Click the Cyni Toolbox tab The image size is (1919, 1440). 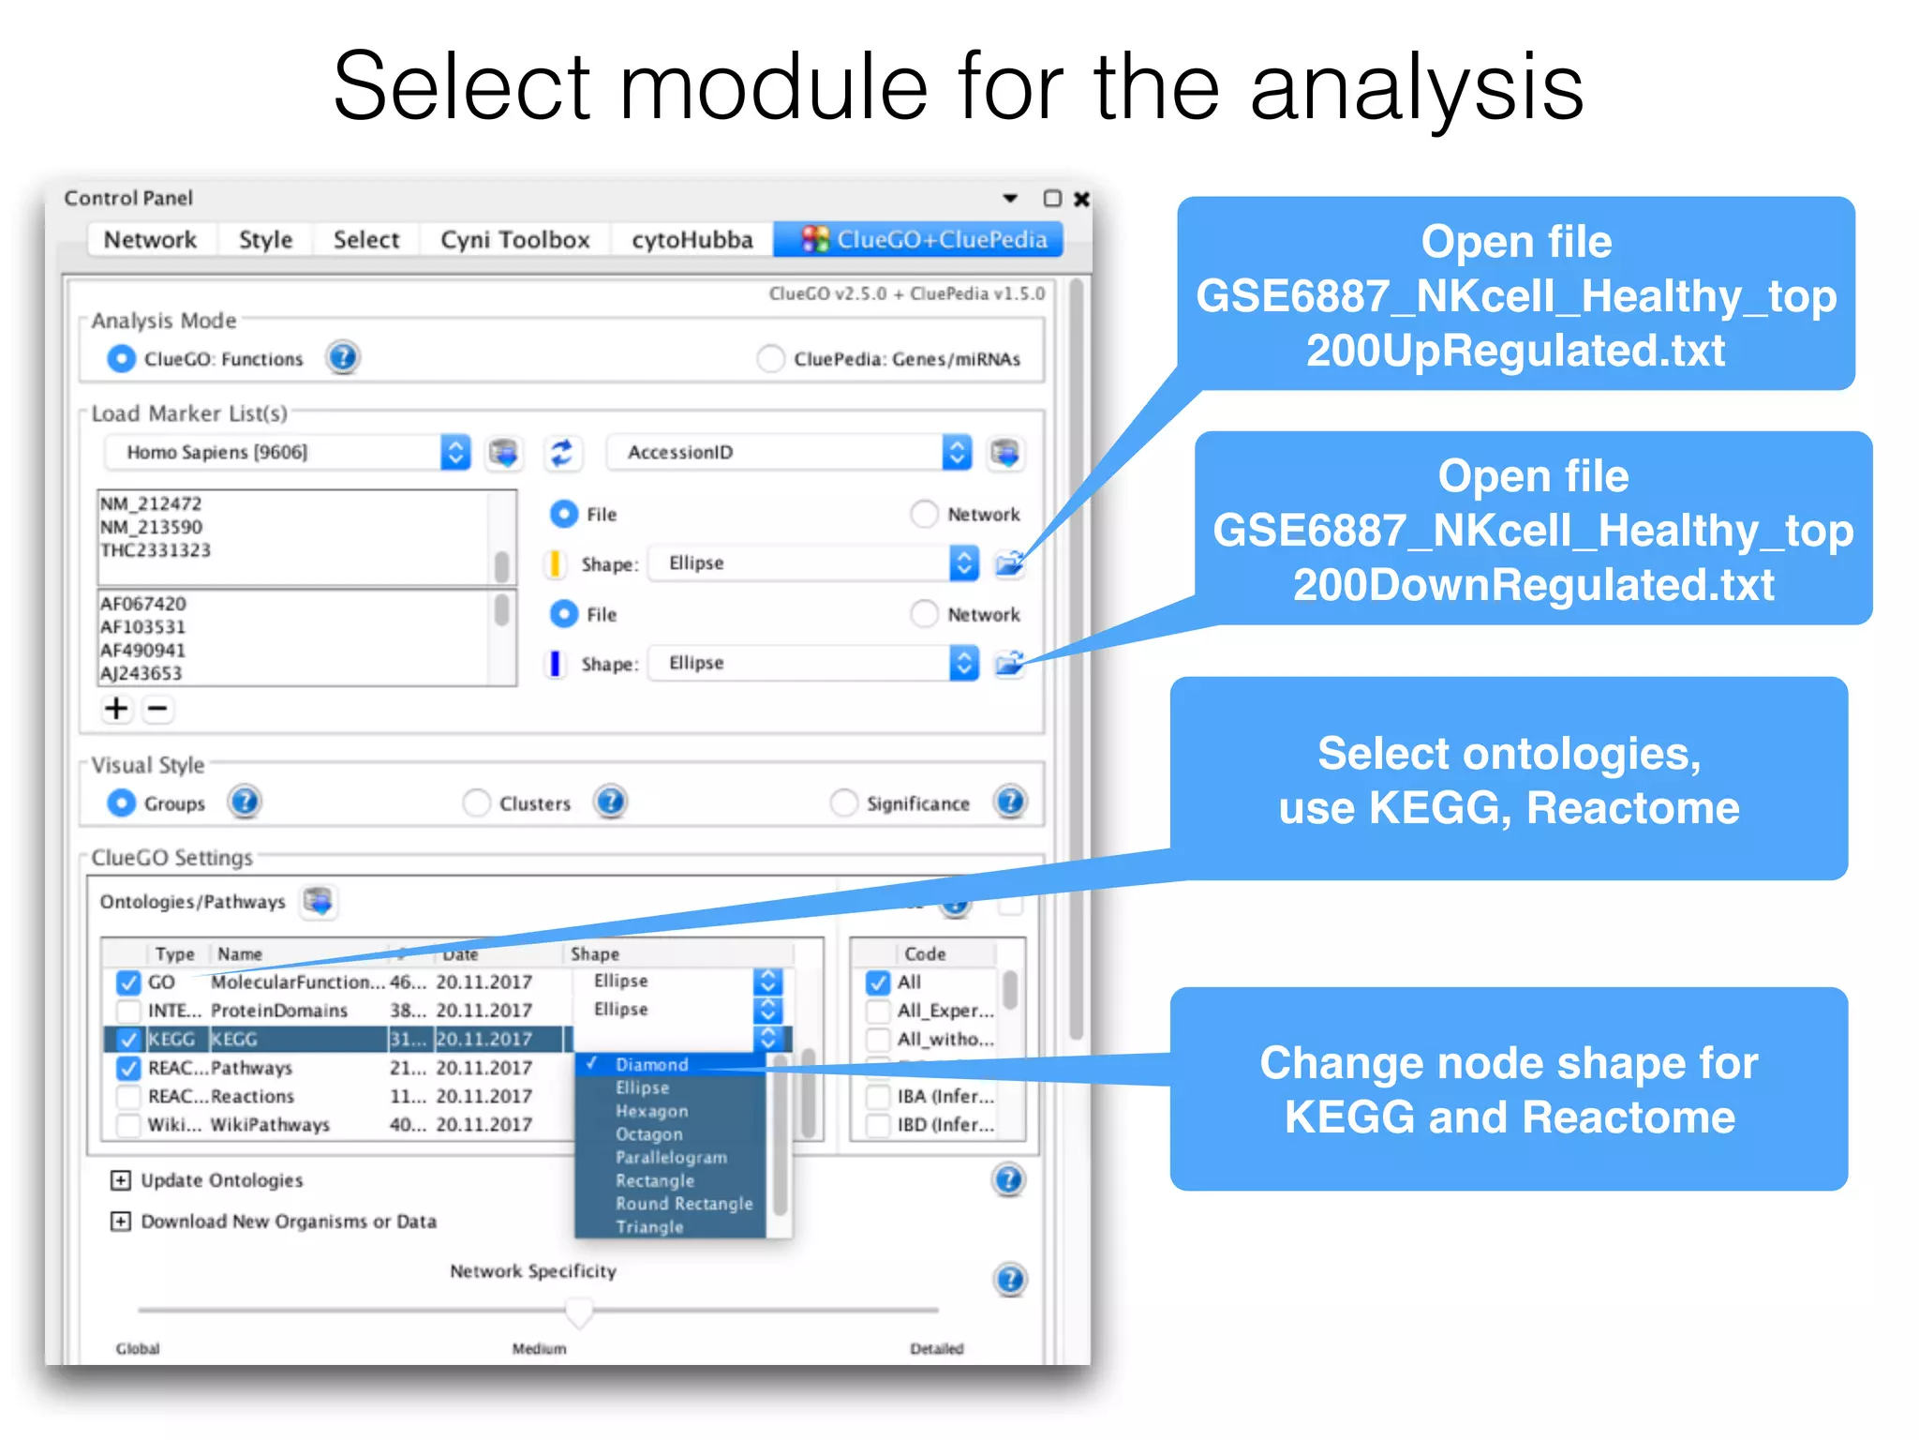pyautogui.click(x=514, y=240)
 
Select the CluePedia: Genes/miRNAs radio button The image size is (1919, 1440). pyautogui.click(x=770, y=359)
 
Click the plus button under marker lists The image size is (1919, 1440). pyautogui.click(x=116, y=709)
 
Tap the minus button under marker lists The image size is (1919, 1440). pyautogui.click(x=158, y=709)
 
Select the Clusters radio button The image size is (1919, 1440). pyautogui.click(x=477, y=803)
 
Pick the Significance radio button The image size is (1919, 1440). pyautogui.click(x=844, y=803)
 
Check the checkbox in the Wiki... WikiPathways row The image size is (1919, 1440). pyautogui.click(x=128, y=1125)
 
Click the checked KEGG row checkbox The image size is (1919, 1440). pyautogui.click(x=128, y=1040)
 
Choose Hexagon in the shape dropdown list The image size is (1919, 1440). pyautogui.click(x=651, y=1111)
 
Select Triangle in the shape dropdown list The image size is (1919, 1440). pyautogui.click(x=648, y=1227)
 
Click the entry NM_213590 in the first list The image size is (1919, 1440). pyautogui.click(x=152, y=527)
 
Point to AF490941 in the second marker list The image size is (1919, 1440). pyautogui.click(x=143, y=650)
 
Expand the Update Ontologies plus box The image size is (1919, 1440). pyautogui.click(x=121, y=1180)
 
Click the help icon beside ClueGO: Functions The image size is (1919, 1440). pyautogui.click(x=343, y=358)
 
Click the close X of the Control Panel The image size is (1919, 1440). pyautogui.click(x=1081, y=199)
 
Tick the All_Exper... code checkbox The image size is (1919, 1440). pyautogui.click(x=878, y=1012)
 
